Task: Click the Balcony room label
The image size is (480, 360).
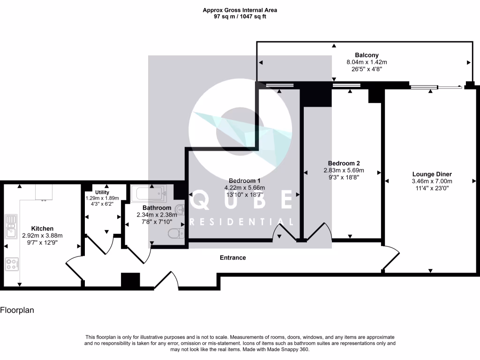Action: (367, 55)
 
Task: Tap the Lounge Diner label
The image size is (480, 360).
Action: (432, 174)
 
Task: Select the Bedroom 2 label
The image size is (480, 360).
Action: (343, 163)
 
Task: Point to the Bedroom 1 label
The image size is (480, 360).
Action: (244, 181)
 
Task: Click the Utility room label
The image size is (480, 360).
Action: (102, 192)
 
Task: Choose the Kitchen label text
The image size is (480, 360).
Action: (42, 228)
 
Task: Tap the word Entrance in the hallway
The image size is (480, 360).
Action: (233, 257)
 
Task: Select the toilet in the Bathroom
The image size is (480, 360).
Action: (175, 233)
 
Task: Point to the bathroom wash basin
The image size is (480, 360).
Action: (179, 209)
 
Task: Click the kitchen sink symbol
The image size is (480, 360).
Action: (10, 225)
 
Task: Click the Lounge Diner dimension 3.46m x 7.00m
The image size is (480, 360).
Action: (432, 181)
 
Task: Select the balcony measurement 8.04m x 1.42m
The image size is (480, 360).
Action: (367, 62)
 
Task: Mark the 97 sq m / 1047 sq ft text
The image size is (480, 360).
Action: (240, 16)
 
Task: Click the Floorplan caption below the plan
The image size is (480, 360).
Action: (17, 310)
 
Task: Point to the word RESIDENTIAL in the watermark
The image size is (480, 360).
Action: (242, 222)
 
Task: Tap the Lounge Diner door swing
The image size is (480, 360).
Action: (391, 259)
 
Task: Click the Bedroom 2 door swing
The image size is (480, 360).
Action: (319, 231)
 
